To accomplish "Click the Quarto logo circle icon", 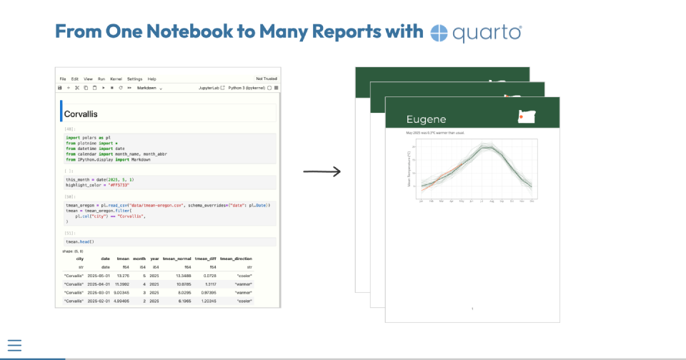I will point(439,32).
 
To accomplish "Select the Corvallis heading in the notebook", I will point(81,114).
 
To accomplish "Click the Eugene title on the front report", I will point(426,119).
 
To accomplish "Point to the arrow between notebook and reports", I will point(322,171).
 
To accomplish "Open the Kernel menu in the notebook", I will point(116,79).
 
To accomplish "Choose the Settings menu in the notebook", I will point(135,79).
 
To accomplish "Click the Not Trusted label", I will point(267,79).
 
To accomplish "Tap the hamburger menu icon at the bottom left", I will point(14,346).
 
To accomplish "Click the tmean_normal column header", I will point(177,259).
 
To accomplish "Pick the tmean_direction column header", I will point(236,259).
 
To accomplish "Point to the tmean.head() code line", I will point(79,242).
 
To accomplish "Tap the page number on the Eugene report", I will point(472,309).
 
